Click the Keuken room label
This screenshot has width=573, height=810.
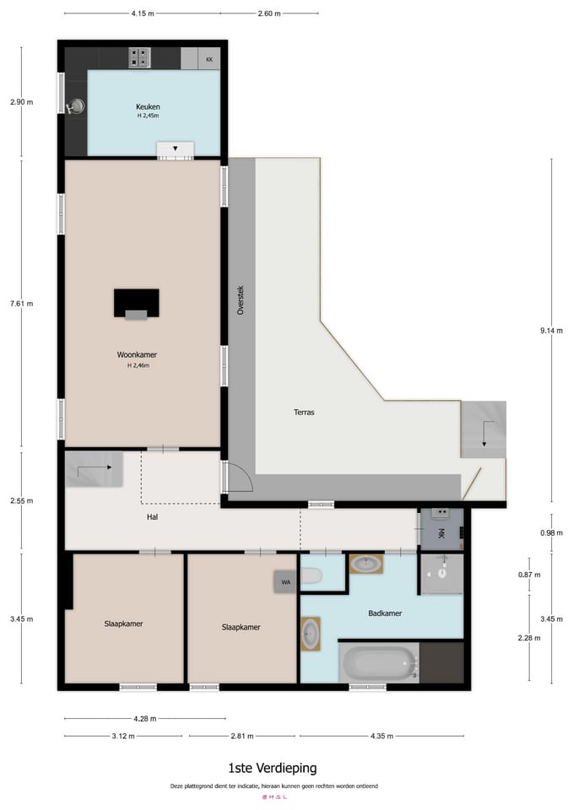pos(148,106)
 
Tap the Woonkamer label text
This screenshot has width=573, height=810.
pos(137,355)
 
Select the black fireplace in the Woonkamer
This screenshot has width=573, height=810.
pos(136,301)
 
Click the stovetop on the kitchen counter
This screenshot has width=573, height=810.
pos(139,58)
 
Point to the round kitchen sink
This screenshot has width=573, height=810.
pos(78,105)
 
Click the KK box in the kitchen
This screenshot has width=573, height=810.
pos(209,59)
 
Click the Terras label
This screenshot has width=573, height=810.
pos(305,413)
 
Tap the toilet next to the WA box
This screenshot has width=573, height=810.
pos(311,576)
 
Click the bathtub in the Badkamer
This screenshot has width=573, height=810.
pos(378,663)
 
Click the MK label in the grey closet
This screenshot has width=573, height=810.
pos(441,533)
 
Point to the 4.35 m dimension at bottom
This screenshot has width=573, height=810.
pos(382,736)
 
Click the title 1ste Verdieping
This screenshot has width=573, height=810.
pos(273,768)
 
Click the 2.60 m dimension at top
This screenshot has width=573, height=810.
pos(269,13)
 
